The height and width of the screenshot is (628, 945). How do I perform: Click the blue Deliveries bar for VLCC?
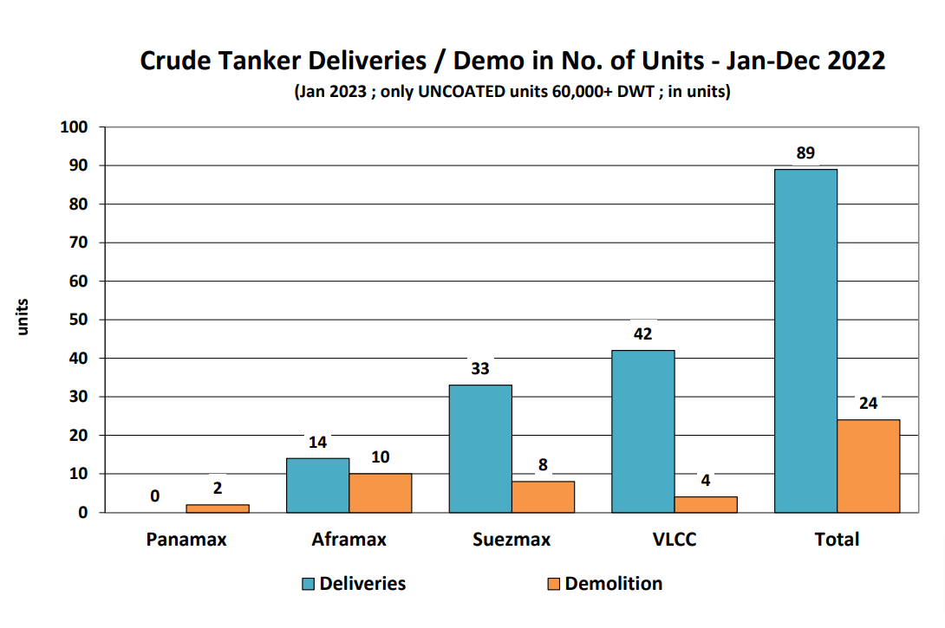coord(642,431)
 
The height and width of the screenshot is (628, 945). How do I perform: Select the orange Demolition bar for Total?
coord(868,466)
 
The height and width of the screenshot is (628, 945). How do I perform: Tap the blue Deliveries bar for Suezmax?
coord(480,448)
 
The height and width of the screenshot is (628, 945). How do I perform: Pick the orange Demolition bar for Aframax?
coord(380,493)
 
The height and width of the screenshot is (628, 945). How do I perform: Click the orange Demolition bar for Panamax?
coord(218,508)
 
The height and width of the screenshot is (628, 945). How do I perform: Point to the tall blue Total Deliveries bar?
coord(805,340)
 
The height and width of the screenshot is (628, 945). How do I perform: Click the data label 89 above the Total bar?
coord(805,154)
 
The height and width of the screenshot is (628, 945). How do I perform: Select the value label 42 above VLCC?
coord(642,334)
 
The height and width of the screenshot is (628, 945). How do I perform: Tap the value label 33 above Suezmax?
coord(480,369)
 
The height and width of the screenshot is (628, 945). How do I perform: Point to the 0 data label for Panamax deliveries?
coord(154,496)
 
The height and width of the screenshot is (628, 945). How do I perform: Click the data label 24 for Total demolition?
coord(868,404)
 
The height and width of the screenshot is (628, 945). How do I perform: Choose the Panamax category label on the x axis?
coord(186,540)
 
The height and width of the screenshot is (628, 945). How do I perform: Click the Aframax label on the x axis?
coord(349,540)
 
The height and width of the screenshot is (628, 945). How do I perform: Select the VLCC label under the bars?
coord(674,540)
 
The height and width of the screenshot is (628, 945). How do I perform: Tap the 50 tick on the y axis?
coord(78,320)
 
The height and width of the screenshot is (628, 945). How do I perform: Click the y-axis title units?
coord(25,317)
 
